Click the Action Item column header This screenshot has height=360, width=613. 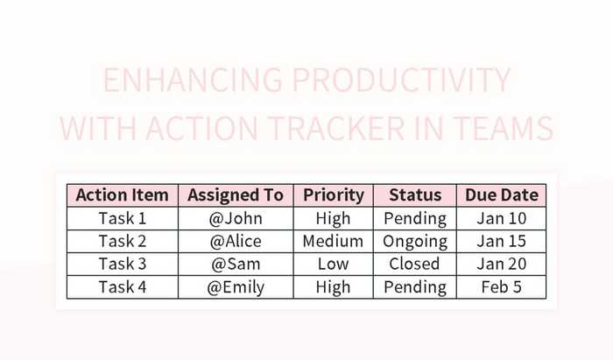tap(123, 194)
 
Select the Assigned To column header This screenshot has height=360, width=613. tap(236, 194)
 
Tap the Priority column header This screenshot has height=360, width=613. tap(333, 194)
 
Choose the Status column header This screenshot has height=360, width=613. tap(415, 194)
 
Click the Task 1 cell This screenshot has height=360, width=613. tap(123, 218)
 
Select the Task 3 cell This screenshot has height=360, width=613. tap(123, 264)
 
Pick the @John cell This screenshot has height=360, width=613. tap(236, 218)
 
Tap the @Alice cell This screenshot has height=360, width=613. tap(236, 241)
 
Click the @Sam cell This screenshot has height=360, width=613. tap(236, 264)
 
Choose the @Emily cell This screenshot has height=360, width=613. tap(236, 286)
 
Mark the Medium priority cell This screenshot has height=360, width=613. tap(333, 241)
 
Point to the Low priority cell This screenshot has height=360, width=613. tap(333, 264)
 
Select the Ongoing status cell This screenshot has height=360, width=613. tap(415, 241)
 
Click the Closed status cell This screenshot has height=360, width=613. tap(415, 264)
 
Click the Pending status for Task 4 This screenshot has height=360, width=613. tap(415, 286)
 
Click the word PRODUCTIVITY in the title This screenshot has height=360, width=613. tap(400, 81)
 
